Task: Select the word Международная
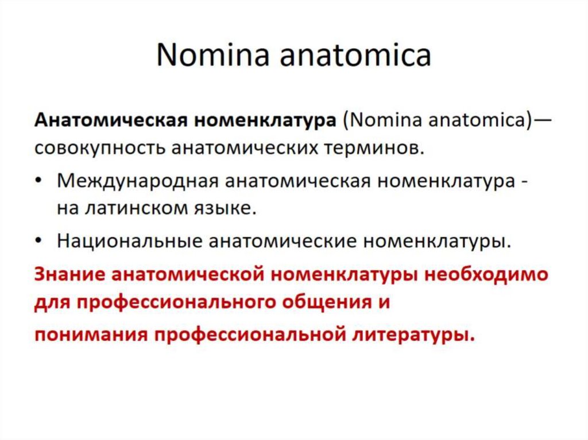136,181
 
